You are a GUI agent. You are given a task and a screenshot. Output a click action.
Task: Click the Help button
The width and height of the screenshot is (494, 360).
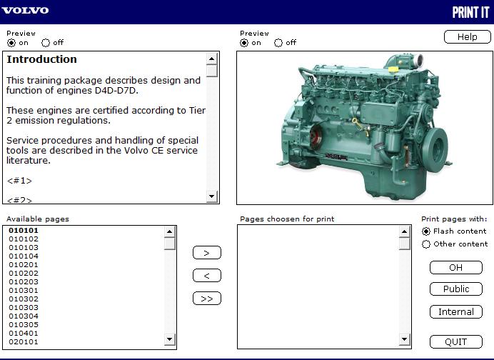[467, 36]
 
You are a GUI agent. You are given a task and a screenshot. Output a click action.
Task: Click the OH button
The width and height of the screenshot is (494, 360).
[455, 267]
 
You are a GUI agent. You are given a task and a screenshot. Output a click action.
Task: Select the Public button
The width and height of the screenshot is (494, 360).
[455, 289]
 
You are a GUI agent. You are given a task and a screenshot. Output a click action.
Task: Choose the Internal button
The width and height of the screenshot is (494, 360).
[455, 311]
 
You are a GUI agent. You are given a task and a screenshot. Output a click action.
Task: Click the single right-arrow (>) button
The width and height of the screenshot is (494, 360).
[207, 253]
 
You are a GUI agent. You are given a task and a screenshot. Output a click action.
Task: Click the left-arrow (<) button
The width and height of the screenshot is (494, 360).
[207, 276]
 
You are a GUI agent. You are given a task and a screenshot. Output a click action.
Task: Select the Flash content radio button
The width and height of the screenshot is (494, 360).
[427, 231]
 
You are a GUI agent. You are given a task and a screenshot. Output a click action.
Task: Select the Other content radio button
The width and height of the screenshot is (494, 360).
[427, 244]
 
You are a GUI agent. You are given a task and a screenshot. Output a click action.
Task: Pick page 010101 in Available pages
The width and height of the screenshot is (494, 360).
[24, 231]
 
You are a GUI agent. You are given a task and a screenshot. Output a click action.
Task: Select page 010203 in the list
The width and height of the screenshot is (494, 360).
[24, 282]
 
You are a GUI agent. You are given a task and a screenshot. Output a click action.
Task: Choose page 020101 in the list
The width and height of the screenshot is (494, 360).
[24, 342]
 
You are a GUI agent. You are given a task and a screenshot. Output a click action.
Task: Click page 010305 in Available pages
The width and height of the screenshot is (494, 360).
[24, 325]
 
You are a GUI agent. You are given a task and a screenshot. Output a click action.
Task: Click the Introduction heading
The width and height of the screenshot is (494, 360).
[41, 59]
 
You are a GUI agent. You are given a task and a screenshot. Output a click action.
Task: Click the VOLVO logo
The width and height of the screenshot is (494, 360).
[25, 11]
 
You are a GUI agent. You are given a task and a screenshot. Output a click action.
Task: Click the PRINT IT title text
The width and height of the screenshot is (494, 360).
[470, 12]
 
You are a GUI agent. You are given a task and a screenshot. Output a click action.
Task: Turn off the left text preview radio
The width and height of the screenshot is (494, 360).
[46, 43]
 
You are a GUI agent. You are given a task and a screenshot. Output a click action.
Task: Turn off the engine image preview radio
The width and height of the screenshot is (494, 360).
[278, 43]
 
